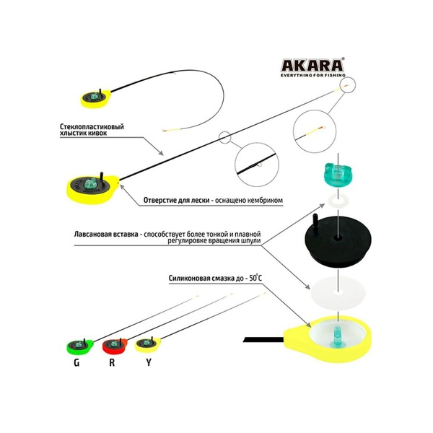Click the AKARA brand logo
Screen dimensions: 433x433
pyautogui.click(x=312, y=66)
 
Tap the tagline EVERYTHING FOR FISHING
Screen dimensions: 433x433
pyautogui.click(x=313, y=75)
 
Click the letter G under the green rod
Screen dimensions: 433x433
pyautogui.click(x=76, y=362)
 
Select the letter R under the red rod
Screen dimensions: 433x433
pyautogui.click(x=112, y=362)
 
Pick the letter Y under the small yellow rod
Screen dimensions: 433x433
pyautogui.click(x=149, y=362)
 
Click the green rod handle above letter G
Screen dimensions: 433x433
pyautogui.click(x=80, y=346)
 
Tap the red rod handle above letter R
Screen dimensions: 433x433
pyautogui.click(x=115, y=346)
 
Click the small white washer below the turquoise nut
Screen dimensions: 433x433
pyautogui.click(x=338, y=199)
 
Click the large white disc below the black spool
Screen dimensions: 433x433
pyautogui.click(x=338, y=293)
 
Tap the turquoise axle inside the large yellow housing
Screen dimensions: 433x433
pyautogui.click(x=336, y=335)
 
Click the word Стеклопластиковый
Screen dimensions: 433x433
pyautogui.click(x=92, y=127)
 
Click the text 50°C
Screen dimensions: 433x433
pyautogui.click(x=255, y=278)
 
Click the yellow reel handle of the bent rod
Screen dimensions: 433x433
pyautogui.click(x=96, y=99)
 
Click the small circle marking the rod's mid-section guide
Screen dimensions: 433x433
pyautogui.click(x=224, y=137)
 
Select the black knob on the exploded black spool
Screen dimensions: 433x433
pyautogui.click(x=315, y=222)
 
